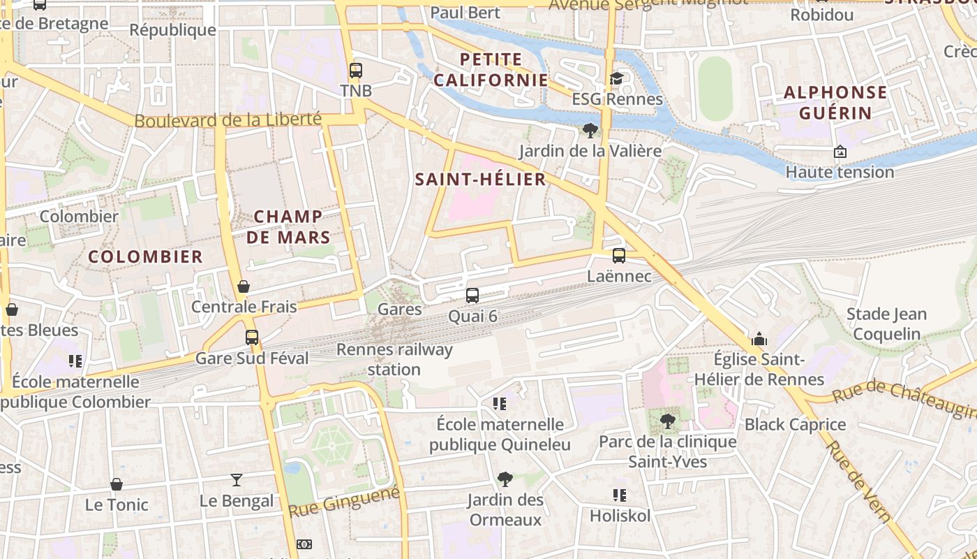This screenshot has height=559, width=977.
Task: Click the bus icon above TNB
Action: [x=356, y=70]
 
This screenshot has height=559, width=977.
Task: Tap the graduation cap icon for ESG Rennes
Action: [x=616, y=78]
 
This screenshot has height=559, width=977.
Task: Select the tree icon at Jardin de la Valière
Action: [x=590, y=130]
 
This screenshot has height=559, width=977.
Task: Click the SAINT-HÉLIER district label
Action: [x=480, y=180]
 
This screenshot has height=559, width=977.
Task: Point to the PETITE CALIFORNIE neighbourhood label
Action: [x=491, y=70]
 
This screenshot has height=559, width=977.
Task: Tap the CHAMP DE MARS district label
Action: [x=288, y=227]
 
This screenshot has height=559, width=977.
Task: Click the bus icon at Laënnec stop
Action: [x=619, y=256]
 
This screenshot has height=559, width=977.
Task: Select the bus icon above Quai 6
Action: [x=472, y=296]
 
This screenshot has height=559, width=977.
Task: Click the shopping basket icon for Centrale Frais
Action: [x=244, y=286]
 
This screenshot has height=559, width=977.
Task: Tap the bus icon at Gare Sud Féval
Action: [x=252, y=337]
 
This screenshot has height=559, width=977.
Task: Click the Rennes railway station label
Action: [x=394, y=359]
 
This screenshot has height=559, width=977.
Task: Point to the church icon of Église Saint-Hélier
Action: [x=759, y=340]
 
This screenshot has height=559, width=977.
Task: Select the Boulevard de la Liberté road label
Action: [x=228, y=120]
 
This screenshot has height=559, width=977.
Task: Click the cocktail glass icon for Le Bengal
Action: [x=237, y=480]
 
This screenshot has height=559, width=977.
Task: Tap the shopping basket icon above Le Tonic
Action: [x=117, y=484]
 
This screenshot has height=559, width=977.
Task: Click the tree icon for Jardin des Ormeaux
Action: [x=505, y=479]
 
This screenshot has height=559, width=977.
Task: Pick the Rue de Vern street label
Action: [x=858, y=482]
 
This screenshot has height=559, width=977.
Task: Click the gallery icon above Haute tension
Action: [x=840, y=152]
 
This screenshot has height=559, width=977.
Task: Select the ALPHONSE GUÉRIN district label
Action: [x=835, y=103]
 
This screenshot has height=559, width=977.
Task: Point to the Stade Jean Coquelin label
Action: [x=886, y=324]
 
